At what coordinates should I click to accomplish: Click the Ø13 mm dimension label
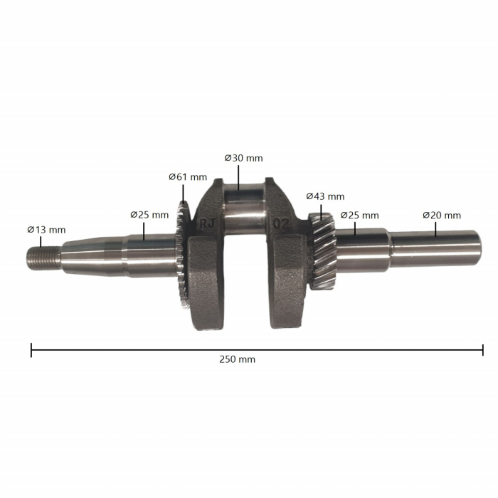click(x=46, y=230)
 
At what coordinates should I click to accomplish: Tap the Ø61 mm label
click(x=188, y=176)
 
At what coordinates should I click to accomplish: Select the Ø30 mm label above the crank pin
click(x=243, y=158)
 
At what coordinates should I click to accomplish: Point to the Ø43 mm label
click(x=325, y=196)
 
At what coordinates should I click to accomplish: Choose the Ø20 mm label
click(x=441, y=215)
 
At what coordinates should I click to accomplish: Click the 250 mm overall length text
click(x=238, y=359)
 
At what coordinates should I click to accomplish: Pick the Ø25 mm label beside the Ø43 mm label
click(x=359, y=215)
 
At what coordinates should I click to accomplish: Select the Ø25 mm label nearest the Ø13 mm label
click(x=149, y=214)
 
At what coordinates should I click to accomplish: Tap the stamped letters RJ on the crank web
click(x=209, y=222)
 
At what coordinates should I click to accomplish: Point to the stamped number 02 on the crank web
click(x=281, y=222)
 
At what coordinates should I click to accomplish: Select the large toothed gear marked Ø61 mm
click(x=181, y=256)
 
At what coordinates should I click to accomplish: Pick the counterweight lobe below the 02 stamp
click(x=289, y=285)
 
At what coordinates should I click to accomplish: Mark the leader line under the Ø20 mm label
click(x=435, y=228)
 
